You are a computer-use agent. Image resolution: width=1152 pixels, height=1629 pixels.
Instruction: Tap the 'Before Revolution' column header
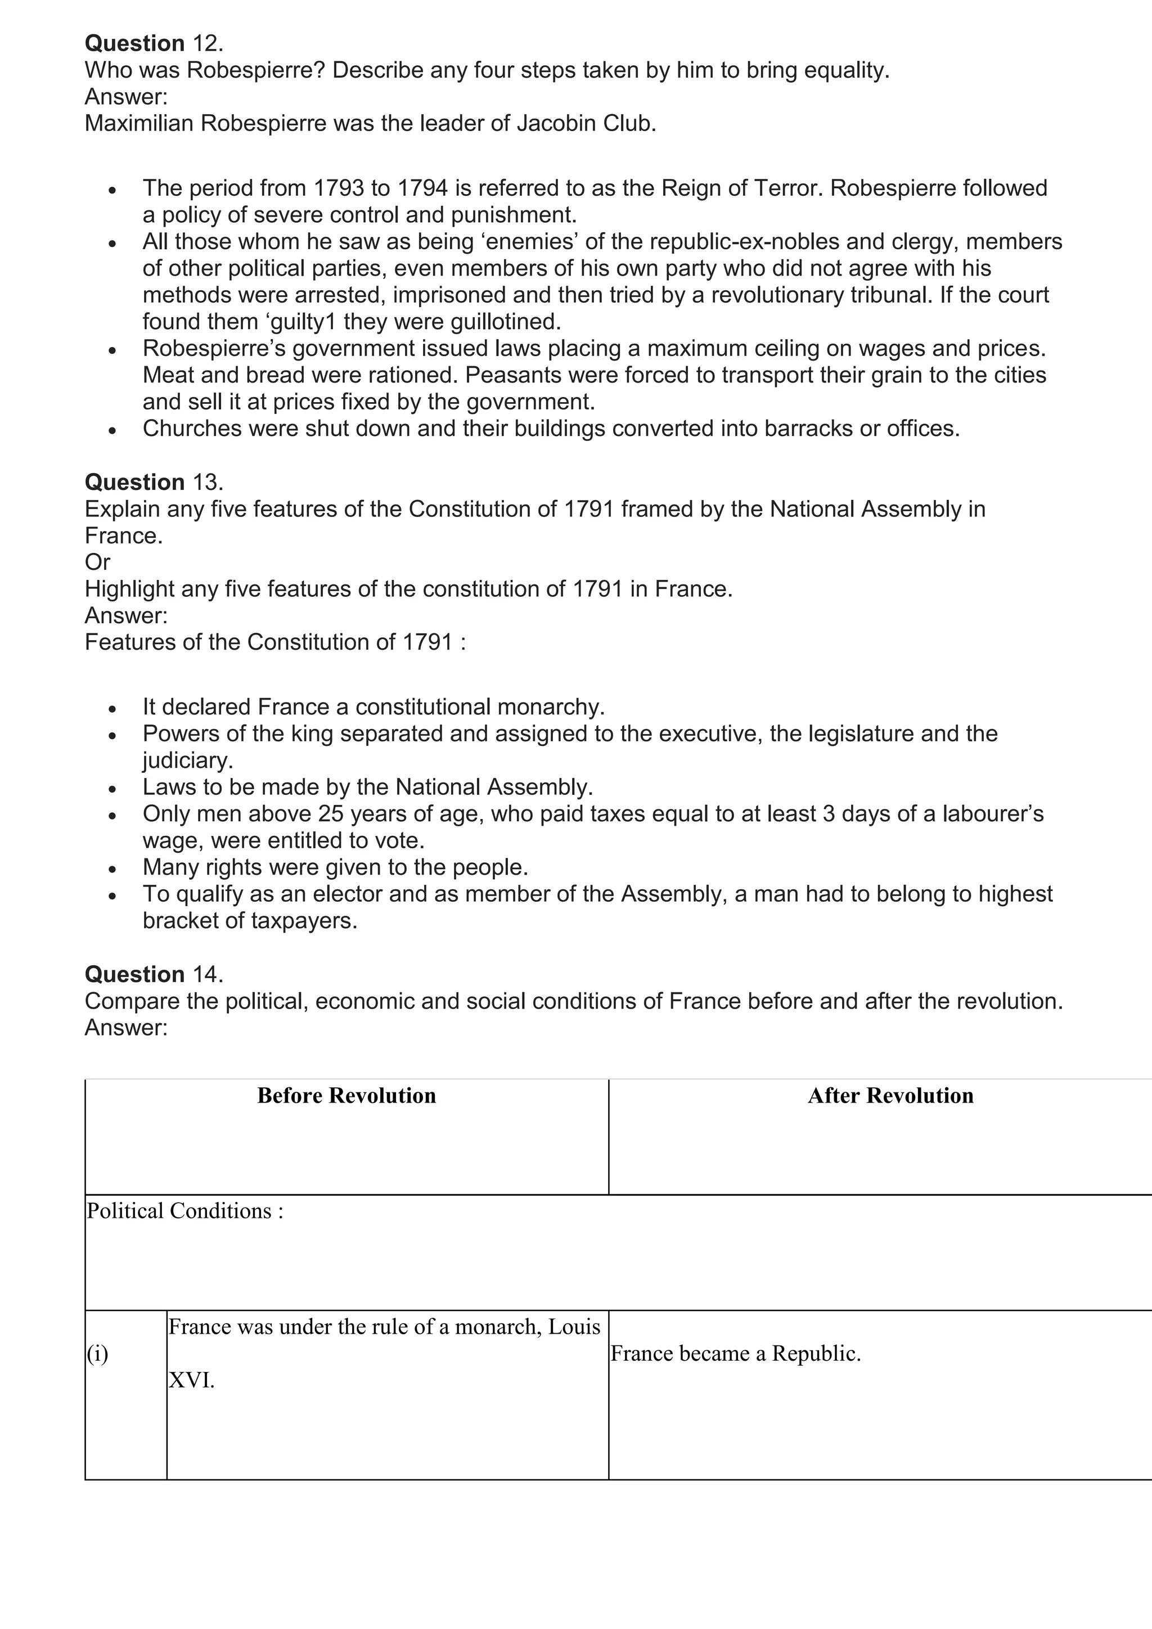(346, 1095)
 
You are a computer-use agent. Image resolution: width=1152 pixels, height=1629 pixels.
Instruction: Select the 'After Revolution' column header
(890, 1095)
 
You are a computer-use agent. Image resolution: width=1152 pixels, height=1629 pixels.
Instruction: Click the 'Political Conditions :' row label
(184, 1210)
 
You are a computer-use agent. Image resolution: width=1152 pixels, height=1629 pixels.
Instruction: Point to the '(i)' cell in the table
(98, 1354)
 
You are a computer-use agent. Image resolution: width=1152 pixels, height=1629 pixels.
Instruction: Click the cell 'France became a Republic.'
(735, 1354)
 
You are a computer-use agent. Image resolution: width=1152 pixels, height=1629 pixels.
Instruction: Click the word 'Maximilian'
(139, 123)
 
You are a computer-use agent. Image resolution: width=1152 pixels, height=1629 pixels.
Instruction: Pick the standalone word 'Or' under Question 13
(97, 562)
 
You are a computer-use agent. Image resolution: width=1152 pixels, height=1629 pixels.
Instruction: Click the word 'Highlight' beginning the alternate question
(129, 589)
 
